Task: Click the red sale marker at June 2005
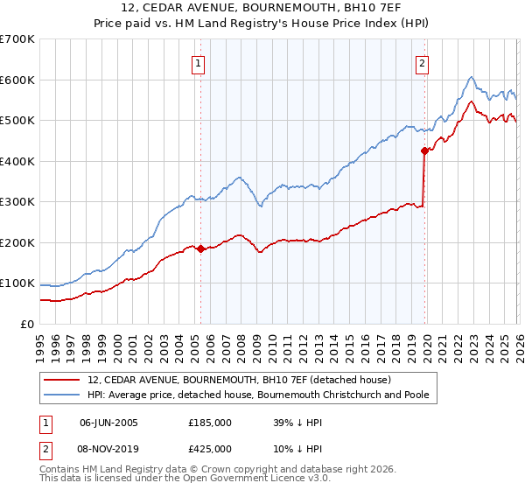[200, 248]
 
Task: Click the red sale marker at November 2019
[424, 150]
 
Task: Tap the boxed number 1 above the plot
[199, 63]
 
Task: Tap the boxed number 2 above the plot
[423, 63]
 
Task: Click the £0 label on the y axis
[26, 325]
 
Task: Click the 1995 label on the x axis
[40, 345]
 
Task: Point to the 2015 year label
[349, 345]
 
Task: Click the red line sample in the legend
[62, 380]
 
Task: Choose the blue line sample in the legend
[62, 395]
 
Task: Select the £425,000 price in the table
[210, 448]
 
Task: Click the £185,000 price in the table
[210, 422]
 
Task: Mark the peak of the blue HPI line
[471, 77]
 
